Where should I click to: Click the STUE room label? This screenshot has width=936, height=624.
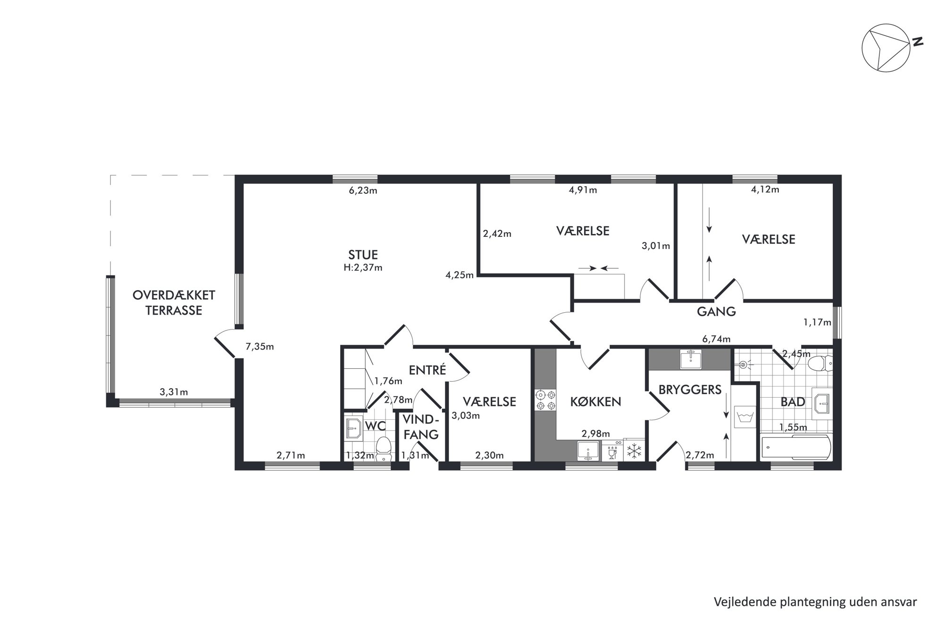[363, 255]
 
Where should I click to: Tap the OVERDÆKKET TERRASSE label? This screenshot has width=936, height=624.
[174, 303]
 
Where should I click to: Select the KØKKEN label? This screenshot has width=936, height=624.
[595, 402]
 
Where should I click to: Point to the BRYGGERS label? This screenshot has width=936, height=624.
[690, 390]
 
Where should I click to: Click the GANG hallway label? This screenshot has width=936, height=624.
[716, 311]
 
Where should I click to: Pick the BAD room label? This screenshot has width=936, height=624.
[793, 402]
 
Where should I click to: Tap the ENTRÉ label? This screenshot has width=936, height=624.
[427, 370]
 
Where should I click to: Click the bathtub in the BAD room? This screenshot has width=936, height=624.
[796, 447]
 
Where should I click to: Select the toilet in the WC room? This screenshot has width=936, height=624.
[384, 448]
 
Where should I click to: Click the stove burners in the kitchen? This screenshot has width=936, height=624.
[545, 399]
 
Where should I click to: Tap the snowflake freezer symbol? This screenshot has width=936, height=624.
[635, 450]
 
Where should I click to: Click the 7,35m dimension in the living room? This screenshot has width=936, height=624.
[259, 347]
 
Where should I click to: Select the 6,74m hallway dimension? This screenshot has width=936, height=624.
[716, 339]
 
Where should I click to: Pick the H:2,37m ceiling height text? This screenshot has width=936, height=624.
[363, 267]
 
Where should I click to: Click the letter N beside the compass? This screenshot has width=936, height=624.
[917, 42]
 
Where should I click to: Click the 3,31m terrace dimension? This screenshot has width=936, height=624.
[174, 392]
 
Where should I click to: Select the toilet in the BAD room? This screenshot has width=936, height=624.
[820, 364]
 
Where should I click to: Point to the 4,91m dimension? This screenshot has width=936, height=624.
[583, 190]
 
